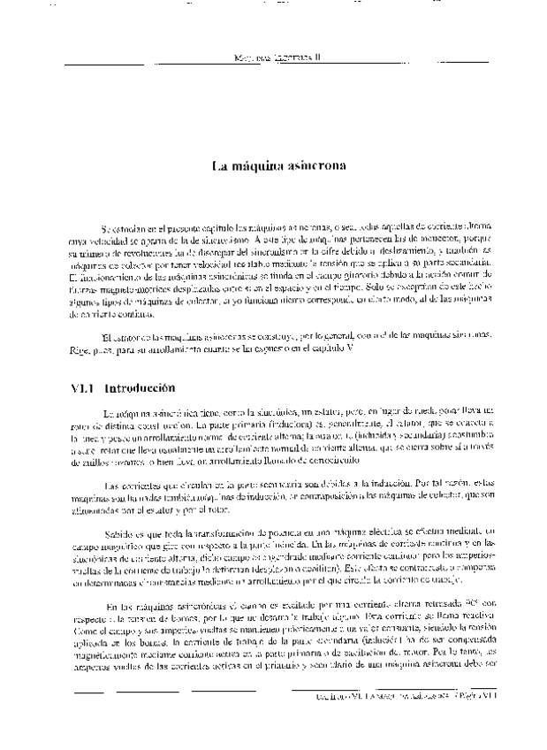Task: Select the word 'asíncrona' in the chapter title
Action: [x=304, y=165]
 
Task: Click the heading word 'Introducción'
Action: [x=140, y=387]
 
